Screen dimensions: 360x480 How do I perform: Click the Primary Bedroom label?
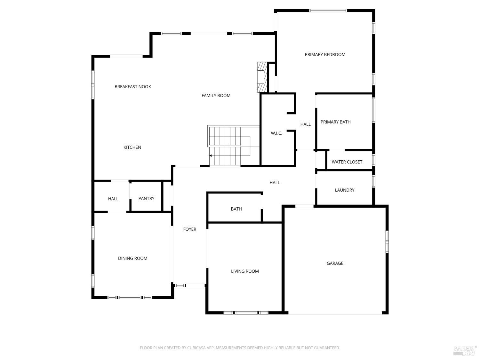coord(325,55)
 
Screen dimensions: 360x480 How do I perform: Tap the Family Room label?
coord(216,96)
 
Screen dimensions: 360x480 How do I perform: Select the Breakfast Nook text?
coord(133,87)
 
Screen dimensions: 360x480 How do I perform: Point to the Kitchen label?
coord(132,148)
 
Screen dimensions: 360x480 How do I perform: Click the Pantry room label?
coord(146,199)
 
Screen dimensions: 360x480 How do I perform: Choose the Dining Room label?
coord(132,259)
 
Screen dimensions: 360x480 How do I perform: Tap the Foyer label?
coord(190,229)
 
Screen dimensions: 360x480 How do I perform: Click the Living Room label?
coord(245,271)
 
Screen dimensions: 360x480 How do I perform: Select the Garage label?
coord(335,263)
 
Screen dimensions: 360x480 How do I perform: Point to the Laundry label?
coord(344,190)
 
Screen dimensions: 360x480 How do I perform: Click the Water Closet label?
coord(347,162)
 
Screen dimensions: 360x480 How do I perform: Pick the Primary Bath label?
coord(335,122)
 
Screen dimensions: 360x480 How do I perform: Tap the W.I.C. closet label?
coord(276,133)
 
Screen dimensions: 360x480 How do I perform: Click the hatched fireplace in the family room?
coord(262,77)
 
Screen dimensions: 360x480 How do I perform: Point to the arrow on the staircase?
coord(211,156)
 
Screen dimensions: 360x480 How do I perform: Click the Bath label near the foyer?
coord(236,209)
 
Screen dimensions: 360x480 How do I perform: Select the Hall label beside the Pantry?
coord(113,199)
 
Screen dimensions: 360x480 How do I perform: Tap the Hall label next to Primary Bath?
coord(305,124)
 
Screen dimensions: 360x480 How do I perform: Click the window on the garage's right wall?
coord(387,241)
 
